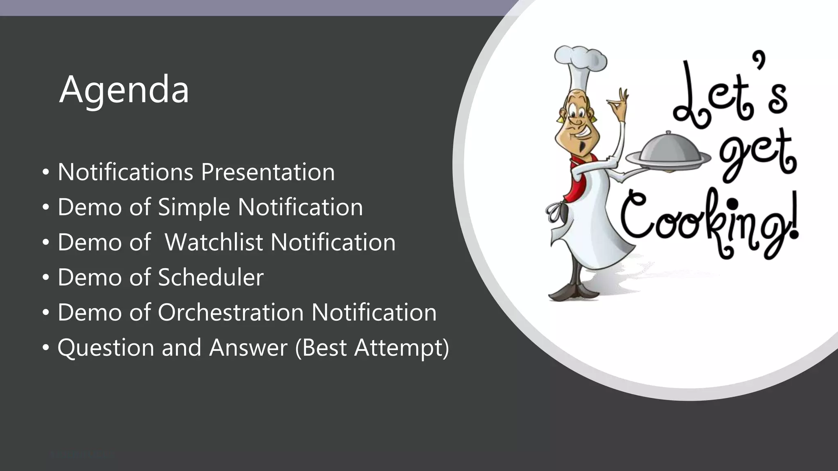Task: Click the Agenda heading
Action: pos(124,90)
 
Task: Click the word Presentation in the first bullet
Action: pos(268,172)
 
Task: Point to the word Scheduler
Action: pos(211,277)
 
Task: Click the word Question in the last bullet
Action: pos(106,348)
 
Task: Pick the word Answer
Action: pos(248,348)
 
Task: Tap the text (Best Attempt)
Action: pos(372,348)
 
